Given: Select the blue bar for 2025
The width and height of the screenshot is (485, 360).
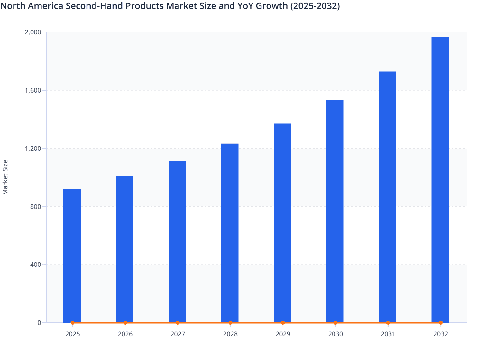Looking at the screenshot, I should pos(72,256).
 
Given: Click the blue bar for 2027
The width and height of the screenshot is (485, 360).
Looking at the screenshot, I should pos(177,241).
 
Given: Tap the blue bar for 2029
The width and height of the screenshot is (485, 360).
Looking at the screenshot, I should pos(282,222).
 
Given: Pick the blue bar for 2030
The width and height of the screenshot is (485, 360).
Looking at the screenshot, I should pos(335,211).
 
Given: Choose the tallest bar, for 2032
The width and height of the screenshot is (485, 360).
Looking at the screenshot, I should pos(440,179).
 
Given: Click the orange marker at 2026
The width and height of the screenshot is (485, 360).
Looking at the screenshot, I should pos(125,323).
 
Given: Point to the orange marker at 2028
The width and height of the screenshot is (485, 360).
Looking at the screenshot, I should pos(230,323).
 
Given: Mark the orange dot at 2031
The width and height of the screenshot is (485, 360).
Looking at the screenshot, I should pos(388,323).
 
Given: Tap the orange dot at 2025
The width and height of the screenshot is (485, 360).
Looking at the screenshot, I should pos(72,323).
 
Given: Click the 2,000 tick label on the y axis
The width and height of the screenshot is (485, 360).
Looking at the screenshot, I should pos(33,32).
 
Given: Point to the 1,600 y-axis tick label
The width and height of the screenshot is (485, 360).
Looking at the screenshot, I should pos(33,90).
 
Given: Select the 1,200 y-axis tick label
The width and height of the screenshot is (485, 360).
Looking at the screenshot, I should pos(33,148).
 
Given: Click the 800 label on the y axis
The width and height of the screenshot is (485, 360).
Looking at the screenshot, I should pos(35,207).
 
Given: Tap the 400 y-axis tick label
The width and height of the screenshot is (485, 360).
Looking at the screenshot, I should pos(35,265).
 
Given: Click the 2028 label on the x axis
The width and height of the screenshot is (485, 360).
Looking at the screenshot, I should pos(230,334).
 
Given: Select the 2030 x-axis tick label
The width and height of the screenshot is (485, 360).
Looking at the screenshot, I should pos(335,334).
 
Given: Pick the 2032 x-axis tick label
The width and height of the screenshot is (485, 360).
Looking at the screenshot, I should pos(441,334).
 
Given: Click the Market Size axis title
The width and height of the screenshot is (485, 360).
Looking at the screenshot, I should pos(5,177).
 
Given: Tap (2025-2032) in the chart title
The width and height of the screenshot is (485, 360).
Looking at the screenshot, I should pos(315,6).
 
